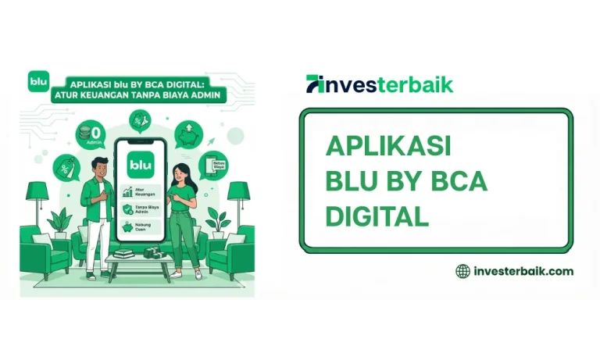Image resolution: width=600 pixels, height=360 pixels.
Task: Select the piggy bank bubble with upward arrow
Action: click(187, 134)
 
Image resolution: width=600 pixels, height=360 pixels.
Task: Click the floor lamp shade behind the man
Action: click(37, 191)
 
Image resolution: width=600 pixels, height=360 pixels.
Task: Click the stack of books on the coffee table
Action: click(123, 253)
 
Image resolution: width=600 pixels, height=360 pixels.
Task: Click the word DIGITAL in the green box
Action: click(377, 216)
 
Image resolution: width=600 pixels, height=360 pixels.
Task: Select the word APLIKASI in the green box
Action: click(388, 146)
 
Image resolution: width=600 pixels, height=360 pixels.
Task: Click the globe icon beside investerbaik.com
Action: click(462, 271)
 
